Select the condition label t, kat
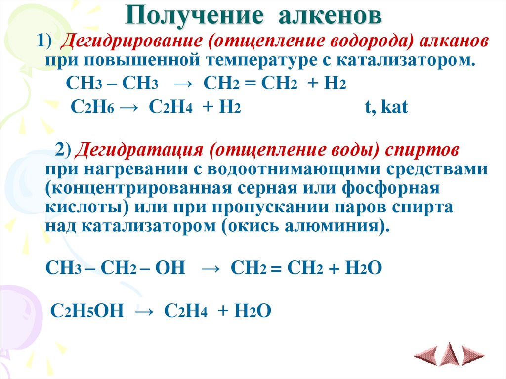coord(386,108)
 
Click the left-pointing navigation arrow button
coord(426,355)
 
